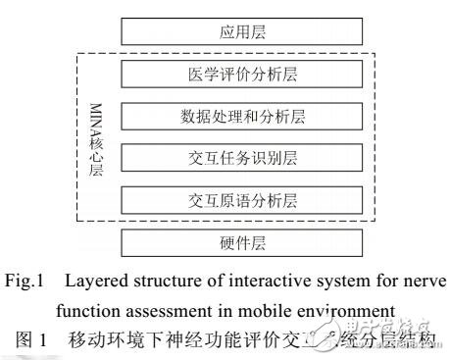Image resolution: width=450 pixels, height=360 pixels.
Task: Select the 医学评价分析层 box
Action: (x=243, y=73)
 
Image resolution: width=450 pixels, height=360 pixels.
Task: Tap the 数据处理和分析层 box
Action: (x=243, y=116)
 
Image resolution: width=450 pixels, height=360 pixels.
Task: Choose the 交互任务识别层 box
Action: (x=243, y=159)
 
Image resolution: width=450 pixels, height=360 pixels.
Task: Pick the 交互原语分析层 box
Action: (x=243, y=201)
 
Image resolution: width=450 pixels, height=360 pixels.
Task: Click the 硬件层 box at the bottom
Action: (x=243, y=242)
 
